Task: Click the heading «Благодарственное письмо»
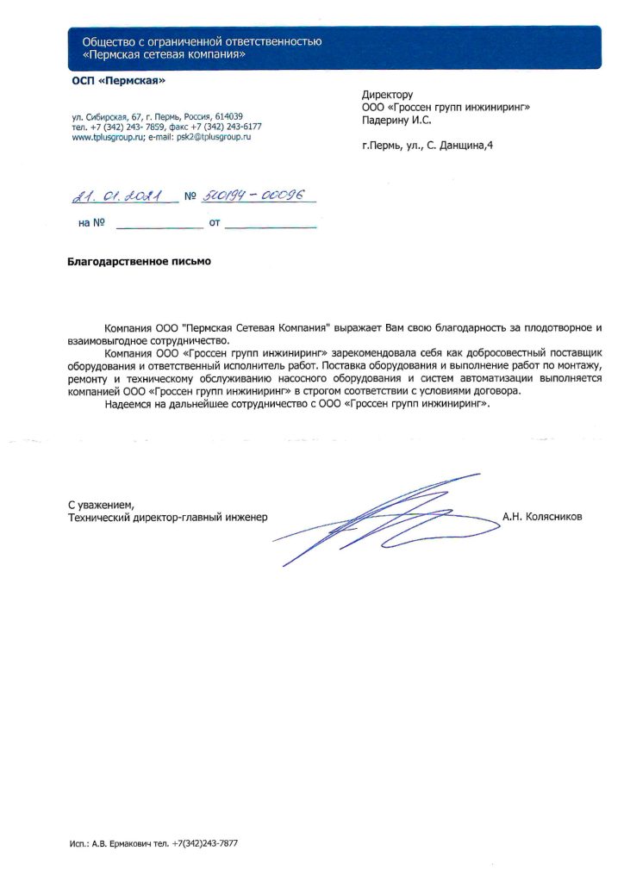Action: (x=139, y=260)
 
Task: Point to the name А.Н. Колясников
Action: (x=542, y=517)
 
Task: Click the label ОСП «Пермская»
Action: (x=117, y=81)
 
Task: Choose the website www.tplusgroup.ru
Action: (x=108, y=137)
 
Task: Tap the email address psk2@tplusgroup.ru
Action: (x=213, y=137)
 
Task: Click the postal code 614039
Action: (x=228, y=116)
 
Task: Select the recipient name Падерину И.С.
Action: (x=396, y=121)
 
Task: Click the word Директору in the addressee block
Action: (x=388, y=95)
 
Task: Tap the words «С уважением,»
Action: (x=102, y=504)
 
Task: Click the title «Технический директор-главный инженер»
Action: (x=168, y=517)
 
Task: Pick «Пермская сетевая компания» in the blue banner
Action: (x=164, y=54)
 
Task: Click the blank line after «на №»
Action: (x=158, y=225)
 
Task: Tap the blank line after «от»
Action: (x=271, y=225)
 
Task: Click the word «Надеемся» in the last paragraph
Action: (x=127, y=404)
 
